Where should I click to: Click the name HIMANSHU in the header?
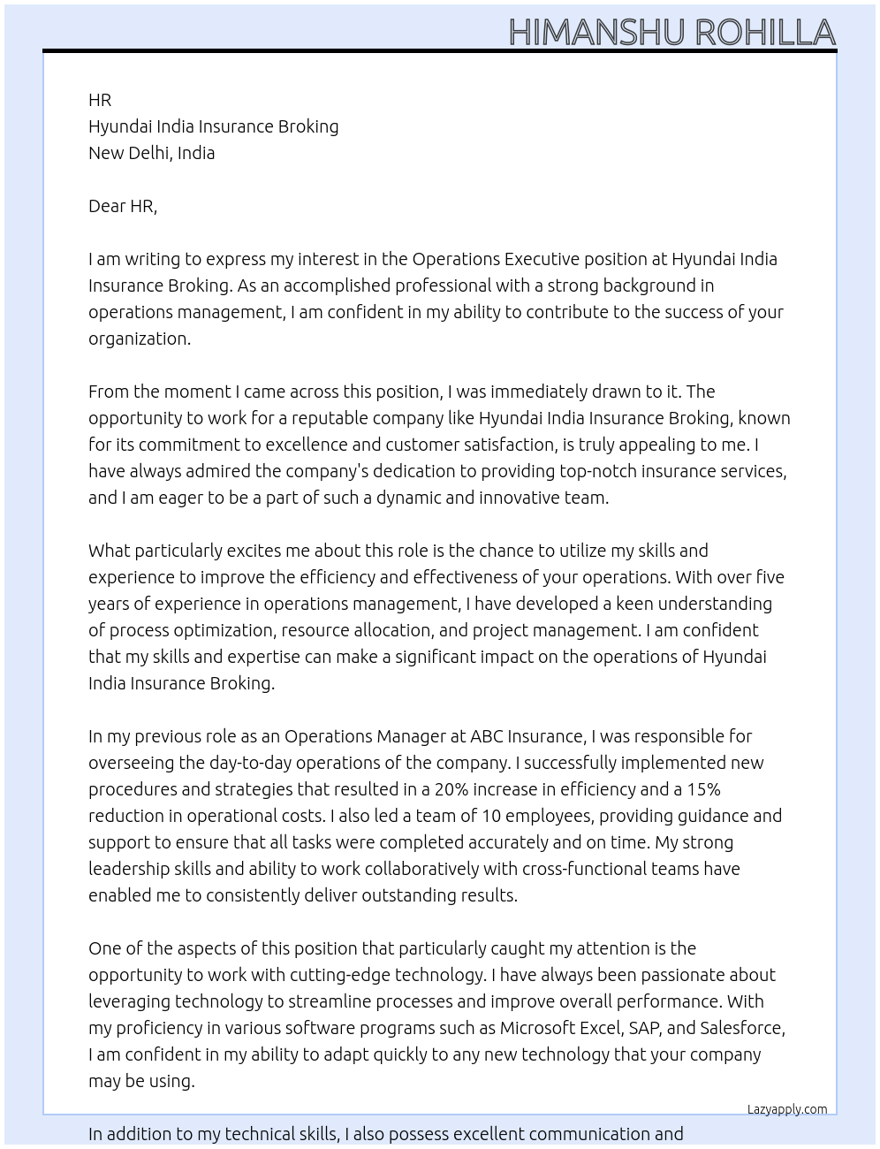click(x=596, y=33)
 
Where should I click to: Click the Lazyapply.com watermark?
click(x=787, y=1109)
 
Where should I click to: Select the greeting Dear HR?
click(x=123, y=206)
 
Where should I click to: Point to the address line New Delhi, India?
click(x=151, y=153)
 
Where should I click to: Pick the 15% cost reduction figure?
click(x=703, y=789)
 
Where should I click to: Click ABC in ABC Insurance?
click(x=487, y=736)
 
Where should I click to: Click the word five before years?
click(x=770, y=577)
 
